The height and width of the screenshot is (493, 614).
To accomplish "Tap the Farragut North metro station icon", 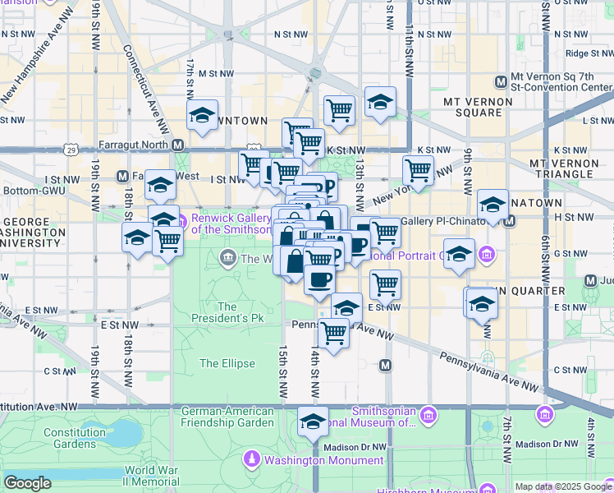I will click(177, 145).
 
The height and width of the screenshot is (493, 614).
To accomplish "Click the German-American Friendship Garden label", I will click(227, 417).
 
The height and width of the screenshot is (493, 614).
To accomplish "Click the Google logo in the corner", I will click(27, 483).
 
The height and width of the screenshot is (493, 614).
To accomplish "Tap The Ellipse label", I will click(220, 363).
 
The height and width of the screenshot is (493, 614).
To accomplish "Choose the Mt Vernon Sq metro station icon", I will click(501, 81).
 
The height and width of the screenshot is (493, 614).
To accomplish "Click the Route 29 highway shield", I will click(72, 150).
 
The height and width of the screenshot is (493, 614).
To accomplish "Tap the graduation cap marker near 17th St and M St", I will click(201, 117).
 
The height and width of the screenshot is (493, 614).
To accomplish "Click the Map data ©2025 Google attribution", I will click(563, 486).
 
